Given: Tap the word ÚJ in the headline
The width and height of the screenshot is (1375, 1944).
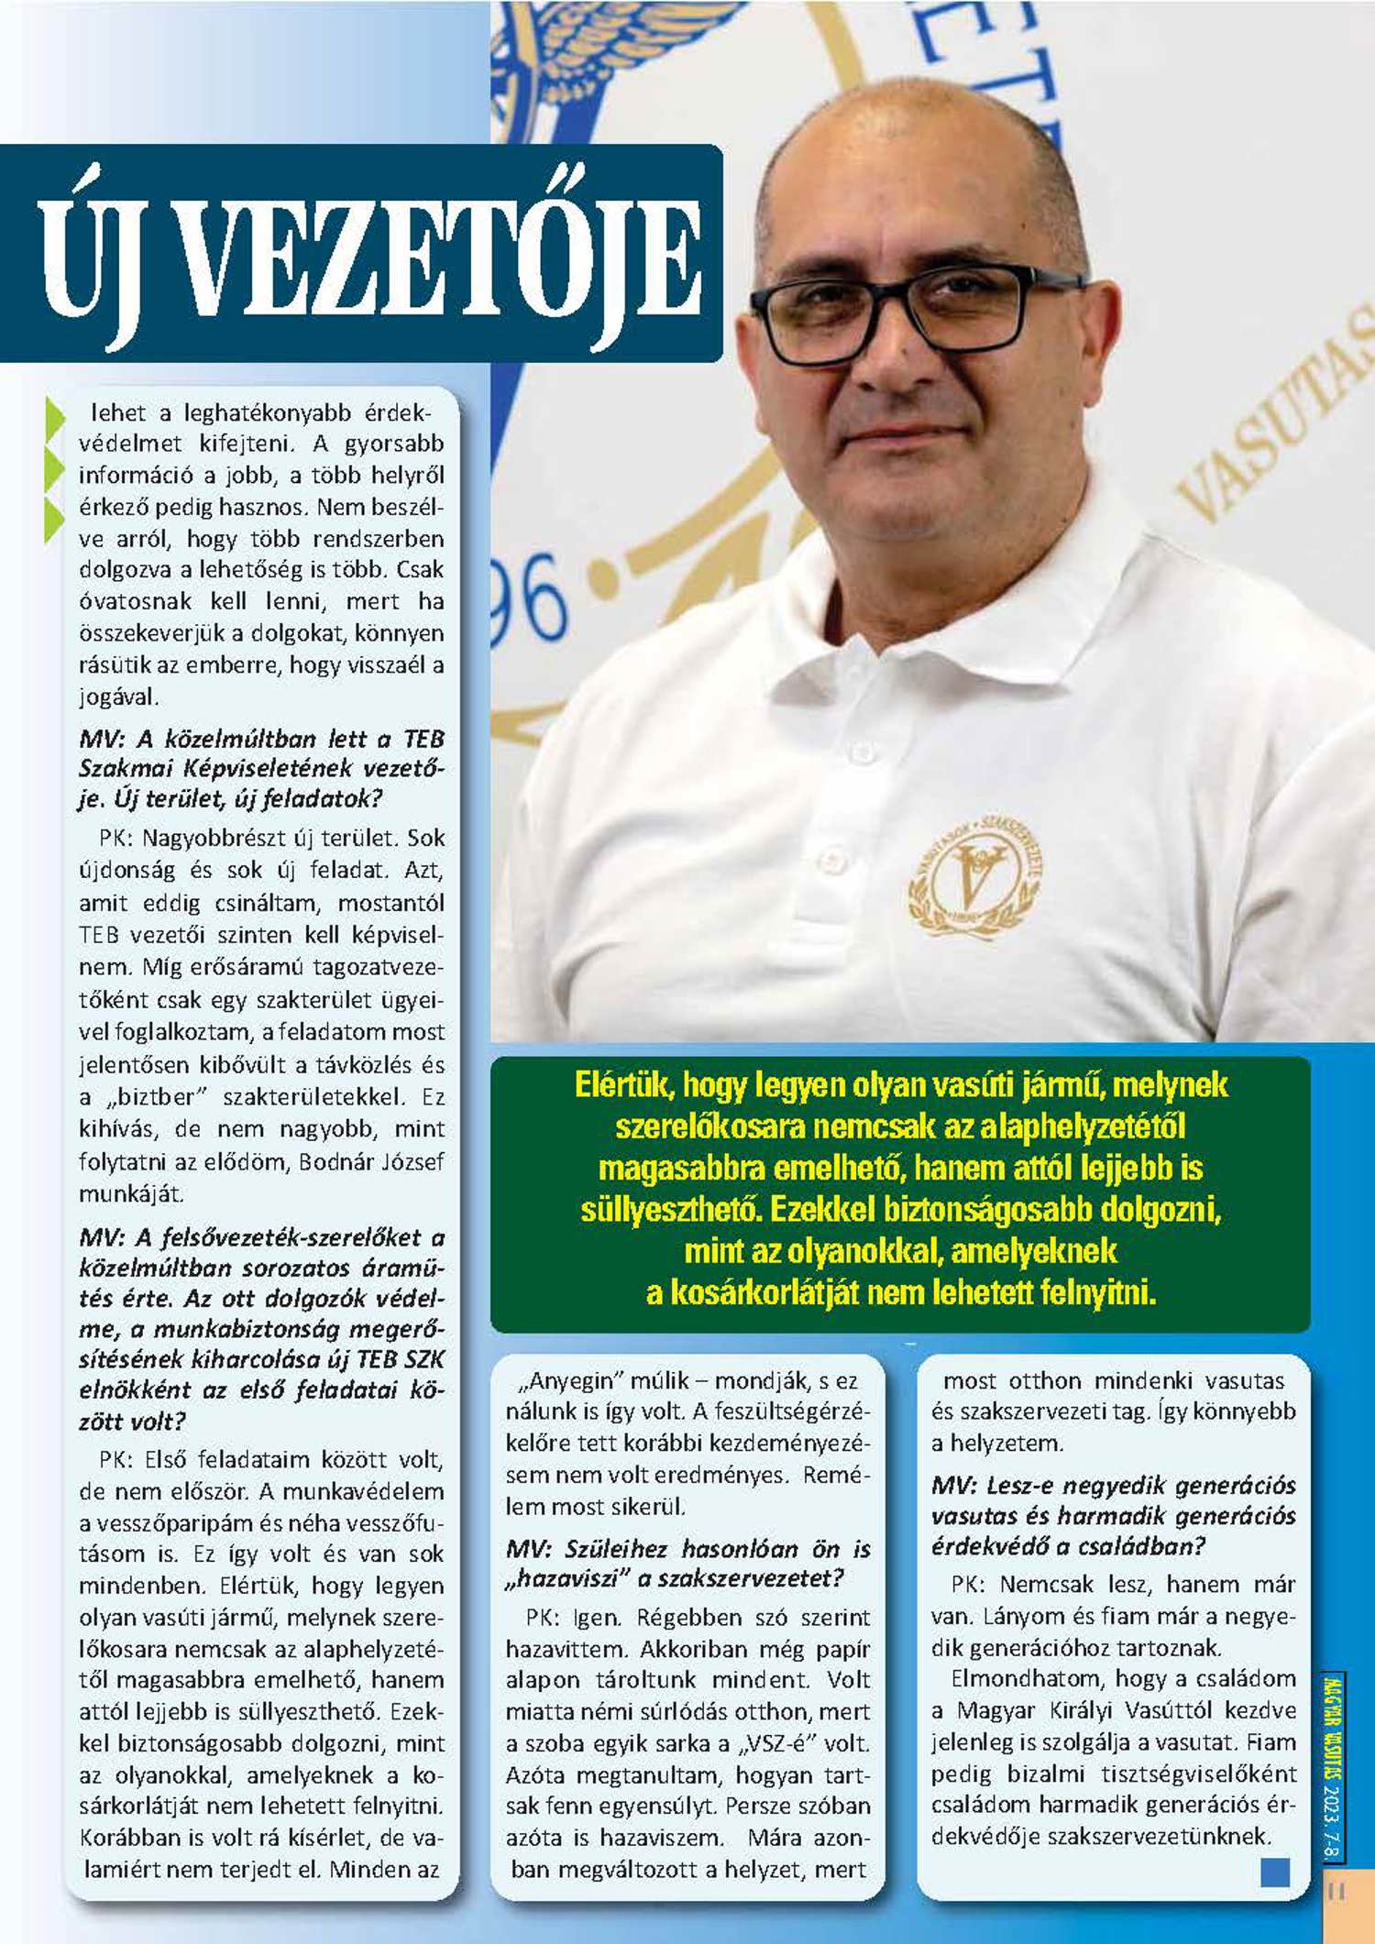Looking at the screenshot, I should [93, 259].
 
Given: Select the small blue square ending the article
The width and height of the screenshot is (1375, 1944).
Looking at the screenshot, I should [1275, 1871].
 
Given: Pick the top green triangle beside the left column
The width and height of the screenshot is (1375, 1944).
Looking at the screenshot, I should [54, 417].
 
